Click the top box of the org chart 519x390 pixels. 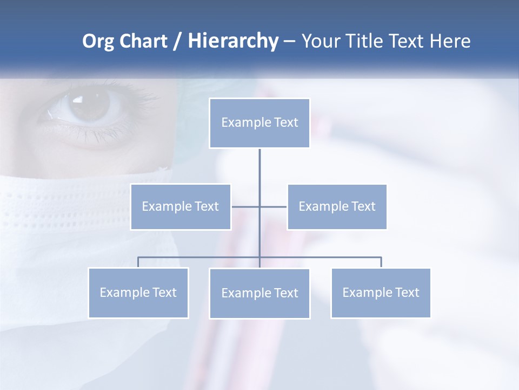tap(259, 123)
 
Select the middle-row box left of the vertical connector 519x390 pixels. tap(181, 206)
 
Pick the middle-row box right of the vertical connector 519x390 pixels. tap(337, 206)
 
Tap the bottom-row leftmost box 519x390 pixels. tap(138, 292)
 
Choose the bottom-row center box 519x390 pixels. tap(259, 293)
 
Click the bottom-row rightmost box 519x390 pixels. tap(381, 292)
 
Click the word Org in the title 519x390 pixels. tap(98, 41)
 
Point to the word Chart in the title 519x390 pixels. tap(143, 41)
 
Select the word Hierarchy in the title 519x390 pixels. tap(233, 41)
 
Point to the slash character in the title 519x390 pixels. tap(177, 42)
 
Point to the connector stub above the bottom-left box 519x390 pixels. tap(138, 262)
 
